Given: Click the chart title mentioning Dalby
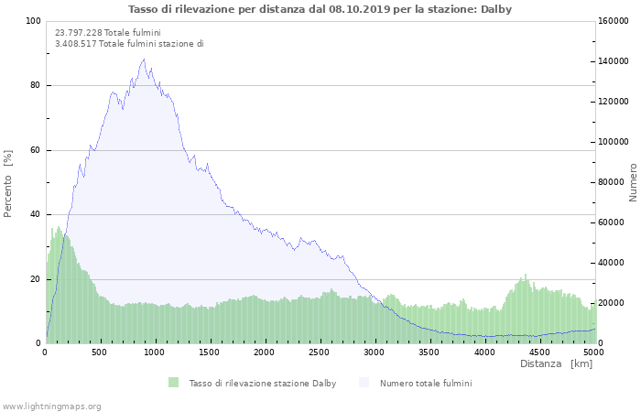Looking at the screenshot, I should coord(320,9).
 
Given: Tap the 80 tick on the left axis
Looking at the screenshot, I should coord(35,86).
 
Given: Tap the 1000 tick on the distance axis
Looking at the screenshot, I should coord(155,352).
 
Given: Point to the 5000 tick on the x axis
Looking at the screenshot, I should coord(593,352).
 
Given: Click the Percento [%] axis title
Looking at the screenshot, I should coord(8,183).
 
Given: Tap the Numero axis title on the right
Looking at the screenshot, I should coord(632,183).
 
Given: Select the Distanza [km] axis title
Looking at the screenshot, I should coord(556,364).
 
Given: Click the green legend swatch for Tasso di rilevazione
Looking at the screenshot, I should coord(173,383).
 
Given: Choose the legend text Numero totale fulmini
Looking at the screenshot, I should coord(426,383).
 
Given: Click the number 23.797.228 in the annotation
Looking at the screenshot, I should coord(75,32).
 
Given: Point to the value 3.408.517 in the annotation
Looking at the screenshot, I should coord(75,43).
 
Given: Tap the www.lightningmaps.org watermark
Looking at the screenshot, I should coord(51,406).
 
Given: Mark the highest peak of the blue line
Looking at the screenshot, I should coord(144,60).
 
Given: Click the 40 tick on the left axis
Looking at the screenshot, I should coord(35,215).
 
